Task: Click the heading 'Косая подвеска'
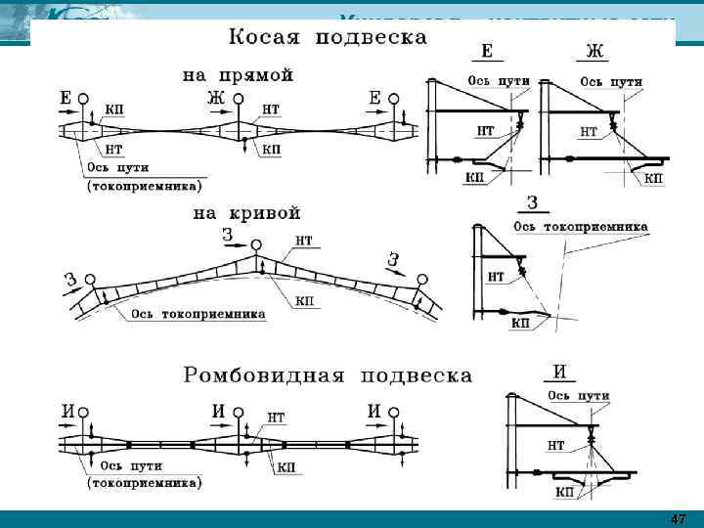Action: coord(328,38)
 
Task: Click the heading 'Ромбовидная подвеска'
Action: coord(328,374)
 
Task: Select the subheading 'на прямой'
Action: coord(239,74)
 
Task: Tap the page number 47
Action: coord(678,517)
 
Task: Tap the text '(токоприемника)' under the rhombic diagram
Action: coord(145,483)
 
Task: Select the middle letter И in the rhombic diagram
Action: coord(220,411)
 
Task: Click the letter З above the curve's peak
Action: coord(227,235)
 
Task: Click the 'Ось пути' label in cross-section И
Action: coord(578,396)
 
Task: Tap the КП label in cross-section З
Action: coord(520,323)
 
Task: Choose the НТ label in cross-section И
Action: coord(556,445)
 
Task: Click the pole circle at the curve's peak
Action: coord(256,244)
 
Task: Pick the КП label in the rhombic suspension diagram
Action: coord(286,468)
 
